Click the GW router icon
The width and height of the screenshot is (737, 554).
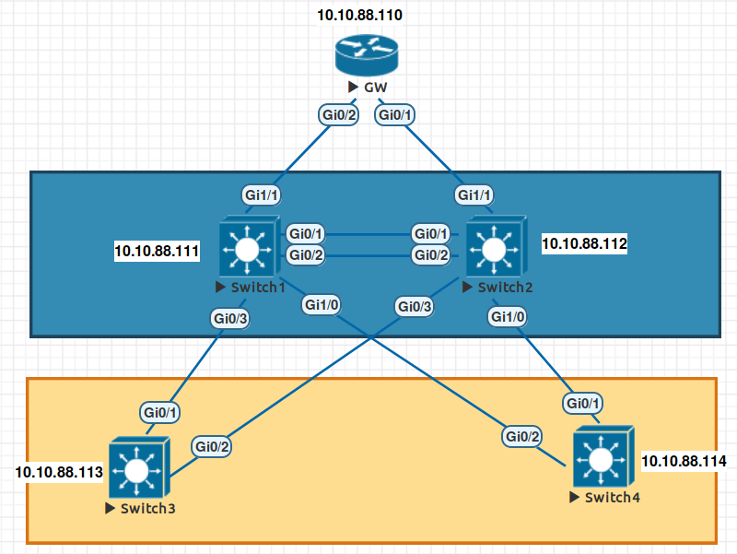tap(367, 55)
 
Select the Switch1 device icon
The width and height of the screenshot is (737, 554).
tap(250, 246)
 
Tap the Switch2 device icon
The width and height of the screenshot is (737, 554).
tap(497, 246)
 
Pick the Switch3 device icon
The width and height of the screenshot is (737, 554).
tap(139, 467)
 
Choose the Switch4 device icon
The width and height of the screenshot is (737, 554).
tap(603, 456)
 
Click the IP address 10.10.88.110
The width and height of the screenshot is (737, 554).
tap(359, 15)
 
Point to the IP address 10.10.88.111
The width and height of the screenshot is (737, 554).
tap(157, 251)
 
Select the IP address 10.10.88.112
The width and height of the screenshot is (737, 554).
tap(584, 243)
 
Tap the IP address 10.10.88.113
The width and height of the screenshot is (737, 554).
tap(59, 472)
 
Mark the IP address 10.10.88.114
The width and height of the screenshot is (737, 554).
tap(684, 461)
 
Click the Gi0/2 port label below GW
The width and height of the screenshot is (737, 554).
tap(338, 114)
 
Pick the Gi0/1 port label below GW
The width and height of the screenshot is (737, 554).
tap(394, 114)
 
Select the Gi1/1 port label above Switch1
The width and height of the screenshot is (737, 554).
tap(262, 194)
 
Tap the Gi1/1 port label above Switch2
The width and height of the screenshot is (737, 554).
tap(474, 194)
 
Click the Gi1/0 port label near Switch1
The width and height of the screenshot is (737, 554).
tap(321, 305)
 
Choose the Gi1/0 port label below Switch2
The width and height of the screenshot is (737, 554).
tap(508, 316)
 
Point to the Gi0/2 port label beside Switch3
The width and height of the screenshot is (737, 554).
tap(212, 446)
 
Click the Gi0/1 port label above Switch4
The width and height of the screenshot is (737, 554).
tap(583, 403)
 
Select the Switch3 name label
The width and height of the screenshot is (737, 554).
tap(147, 509)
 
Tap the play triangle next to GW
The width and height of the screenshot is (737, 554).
tap(353, 87)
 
